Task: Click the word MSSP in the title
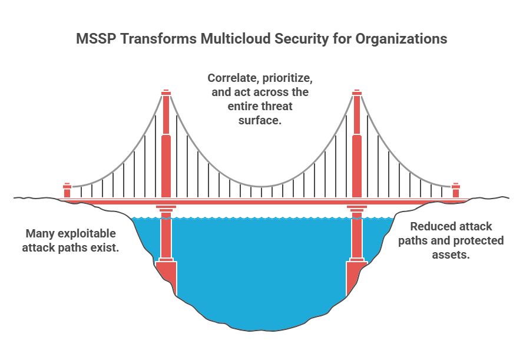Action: click(x=97, y=39)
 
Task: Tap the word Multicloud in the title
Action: click(x=236, y=39)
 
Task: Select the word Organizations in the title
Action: click(x=401, y=39)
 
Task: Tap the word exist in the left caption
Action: click(x=107, y=247)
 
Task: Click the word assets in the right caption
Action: click(x=451, y=255)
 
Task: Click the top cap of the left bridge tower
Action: click(x=166, y=93)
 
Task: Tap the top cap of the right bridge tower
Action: click(x=357, y=93)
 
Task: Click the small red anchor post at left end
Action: click(x=67, y=190)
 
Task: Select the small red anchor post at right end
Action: click(x=456, y=190)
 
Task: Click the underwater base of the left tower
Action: click(x=167, y=276)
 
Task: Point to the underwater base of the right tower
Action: click(x=356, y=276)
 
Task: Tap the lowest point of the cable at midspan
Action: click(x=262, y=187)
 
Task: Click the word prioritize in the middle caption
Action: click(x=287, y=78)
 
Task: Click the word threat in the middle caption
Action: click(x=276, y=106)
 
